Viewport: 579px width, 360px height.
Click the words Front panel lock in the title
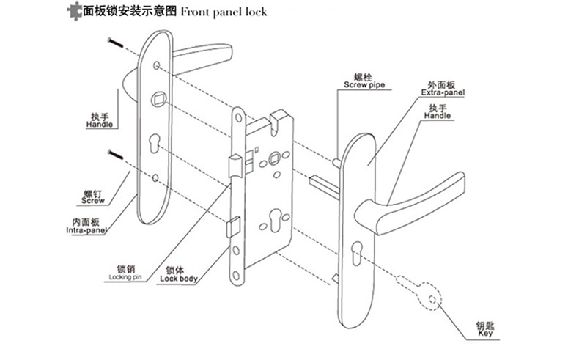pos(223,12)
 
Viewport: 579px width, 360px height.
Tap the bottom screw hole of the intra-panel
pos(156,177)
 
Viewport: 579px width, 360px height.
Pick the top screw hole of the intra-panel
pos(158,67)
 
